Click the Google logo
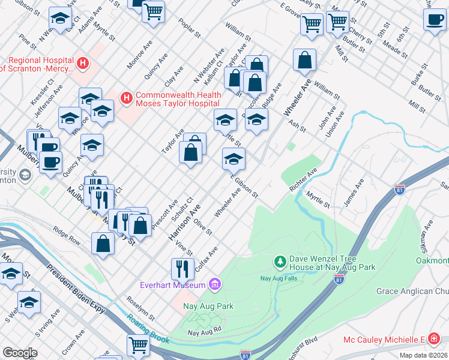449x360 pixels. tap(20, 353)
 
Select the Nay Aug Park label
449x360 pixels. tap(208, 306)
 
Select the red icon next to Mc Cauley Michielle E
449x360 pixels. tap(434, 340)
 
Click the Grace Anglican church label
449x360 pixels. tap(412, 292)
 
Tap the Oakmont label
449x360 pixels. tap(432, 260)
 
